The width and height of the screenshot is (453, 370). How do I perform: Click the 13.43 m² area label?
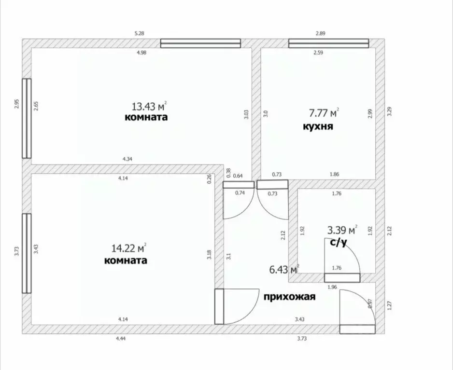point(149,106)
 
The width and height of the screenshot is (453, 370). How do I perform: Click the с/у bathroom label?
point(338,242)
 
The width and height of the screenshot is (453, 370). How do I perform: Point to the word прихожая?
point(289,297)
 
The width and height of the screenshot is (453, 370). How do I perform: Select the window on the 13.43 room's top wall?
point(200,44)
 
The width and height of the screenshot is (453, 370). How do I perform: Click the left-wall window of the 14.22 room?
point(27,253)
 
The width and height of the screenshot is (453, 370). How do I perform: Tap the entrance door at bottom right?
point(357,329)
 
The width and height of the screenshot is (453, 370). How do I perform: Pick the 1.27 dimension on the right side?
point(390,305)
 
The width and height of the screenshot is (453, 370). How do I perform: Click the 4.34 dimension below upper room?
point(127,158)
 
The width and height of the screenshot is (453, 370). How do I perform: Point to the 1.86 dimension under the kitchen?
point(334,174)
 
